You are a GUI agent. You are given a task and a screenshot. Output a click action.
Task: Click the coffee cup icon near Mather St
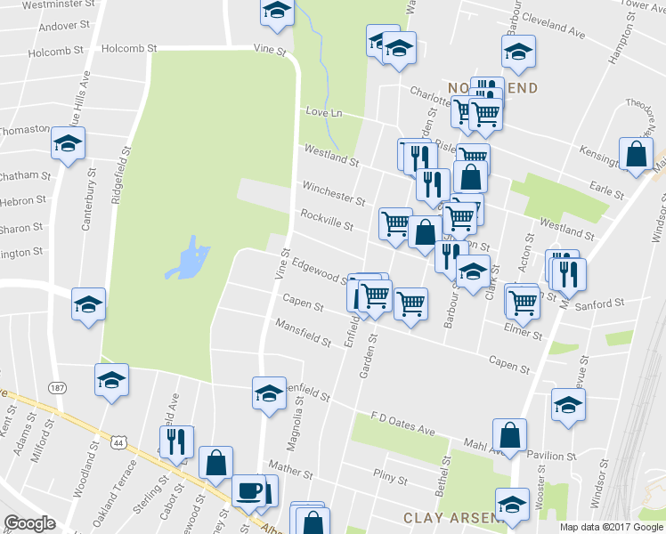tap(248, 489)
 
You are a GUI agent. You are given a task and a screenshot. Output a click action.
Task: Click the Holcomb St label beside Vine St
tap(129, 48)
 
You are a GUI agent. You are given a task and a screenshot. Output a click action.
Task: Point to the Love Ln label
tap(324, 113)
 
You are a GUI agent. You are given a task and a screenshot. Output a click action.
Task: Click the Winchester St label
tap(334, 194)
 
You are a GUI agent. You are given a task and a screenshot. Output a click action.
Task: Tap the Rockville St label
tap(327, 220)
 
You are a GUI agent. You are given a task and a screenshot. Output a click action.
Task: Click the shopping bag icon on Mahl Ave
tap(510, 435)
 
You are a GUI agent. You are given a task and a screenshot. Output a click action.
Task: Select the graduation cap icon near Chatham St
tap(68, 143)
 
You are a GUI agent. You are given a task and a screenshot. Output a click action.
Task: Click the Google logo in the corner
tap(29, 523)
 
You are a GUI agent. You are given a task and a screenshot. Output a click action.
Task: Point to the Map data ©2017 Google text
tap(611, 527)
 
